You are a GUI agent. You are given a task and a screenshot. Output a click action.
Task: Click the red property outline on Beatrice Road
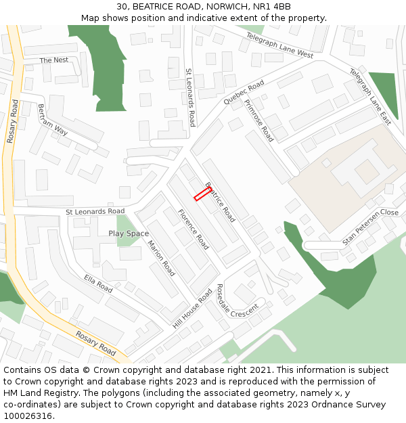coord(202,194)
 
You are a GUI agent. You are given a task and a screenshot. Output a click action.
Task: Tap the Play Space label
coord(129,233)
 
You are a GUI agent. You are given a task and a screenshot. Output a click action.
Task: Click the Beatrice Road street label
coord(220,202)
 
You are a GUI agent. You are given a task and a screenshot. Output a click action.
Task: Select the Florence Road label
coord(193,229)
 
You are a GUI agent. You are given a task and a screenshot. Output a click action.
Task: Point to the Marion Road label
coord(161,258)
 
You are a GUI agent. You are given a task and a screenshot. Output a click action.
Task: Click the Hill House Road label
coord(192,309)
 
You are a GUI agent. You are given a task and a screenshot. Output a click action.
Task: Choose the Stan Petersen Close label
coord(370,226)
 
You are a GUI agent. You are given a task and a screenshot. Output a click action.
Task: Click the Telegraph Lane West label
coord(279,45)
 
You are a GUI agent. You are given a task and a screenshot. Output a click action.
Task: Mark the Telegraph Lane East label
coord(371,96)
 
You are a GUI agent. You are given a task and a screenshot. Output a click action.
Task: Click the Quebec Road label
coord(244,92)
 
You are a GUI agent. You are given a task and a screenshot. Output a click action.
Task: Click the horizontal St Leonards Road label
coord(95,212)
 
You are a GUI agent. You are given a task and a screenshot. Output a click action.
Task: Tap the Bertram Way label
coord(53,120)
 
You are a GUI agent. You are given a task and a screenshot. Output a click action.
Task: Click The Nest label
coord(54,60)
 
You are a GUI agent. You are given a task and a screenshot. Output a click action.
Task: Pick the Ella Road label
coord(98,283)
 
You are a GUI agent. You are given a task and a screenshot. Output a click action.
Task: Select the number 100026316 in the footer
coord(29,416)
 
